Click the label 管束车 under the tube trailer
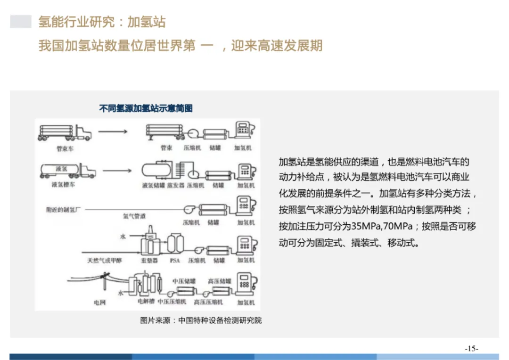[x=65, y=148]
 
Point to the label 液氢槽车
[x=64, y=185]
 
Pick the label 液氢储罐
[x=153, y=186]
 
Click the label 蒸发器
[x=175, y=186]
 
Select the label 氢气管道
[x=134, y=216]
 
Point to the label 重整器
[x=149, y=260]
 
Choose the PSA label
[x=175, y=260]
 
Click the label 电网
[x=99, y=303]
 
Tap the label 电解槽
[x=146, y=300]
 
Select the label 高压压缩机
[x=208, y=302]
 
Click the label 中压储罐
[x=184, y=281]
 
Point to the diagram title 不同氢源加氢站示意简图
[x=146, y=108]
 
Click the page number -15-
[x=472, y=349]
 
